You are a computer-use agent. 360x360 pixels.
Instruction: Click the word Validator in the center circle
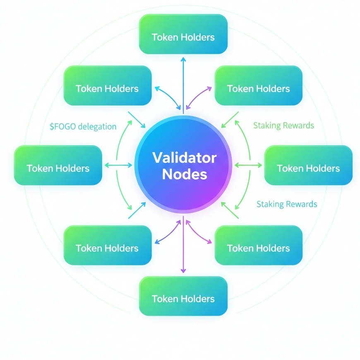(x=184, y=158)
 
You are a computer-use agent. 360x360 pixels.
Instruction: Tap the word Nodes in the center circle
(x=184, y=174)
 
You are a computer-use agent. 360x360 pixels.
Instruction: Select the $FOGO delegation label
(x=83, y=127)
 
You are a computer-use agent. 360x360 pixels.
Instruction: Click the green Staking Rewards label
(x=283, y=125)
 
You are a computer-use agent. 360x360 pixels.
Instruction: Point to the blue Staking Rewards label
(x=287, y=204)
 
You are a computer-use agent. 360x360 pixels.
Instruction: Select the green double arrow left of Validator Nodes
(x=118, y=166)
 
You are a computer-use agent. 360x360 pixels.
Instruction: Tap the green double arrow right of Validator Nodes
(x=248, y=166)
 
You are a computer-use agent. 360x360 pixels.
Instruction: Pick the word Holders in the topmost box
(x=199, y=37)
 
